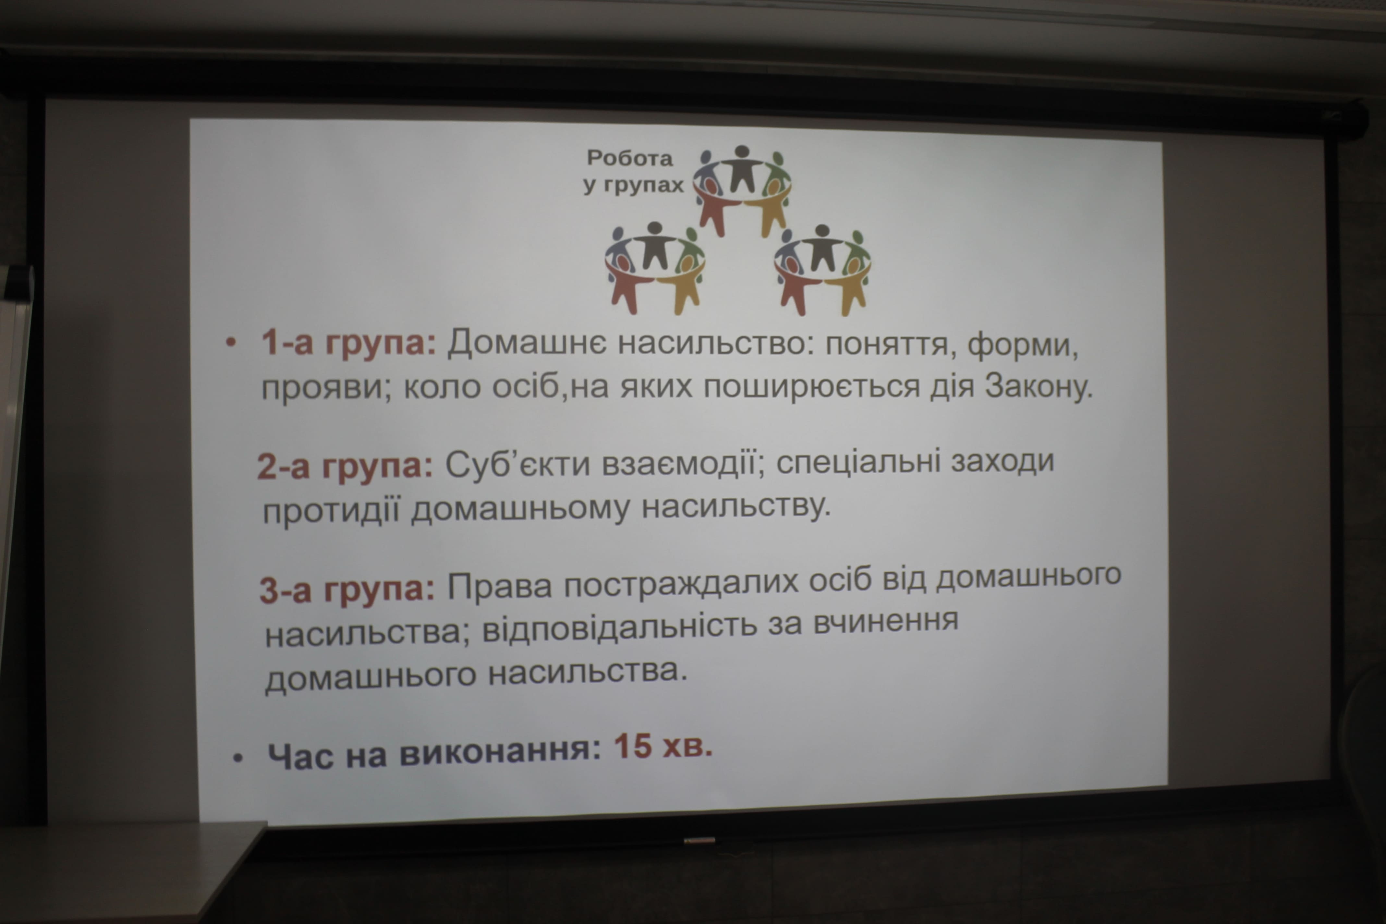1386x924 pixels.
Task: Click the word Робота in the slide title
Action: click(x=629, y=158)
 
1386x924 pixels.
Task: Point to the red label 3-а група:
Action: click(x=347, y=588)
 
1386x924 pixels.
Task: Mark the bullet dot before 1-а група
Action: click(x=231, y=342)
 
